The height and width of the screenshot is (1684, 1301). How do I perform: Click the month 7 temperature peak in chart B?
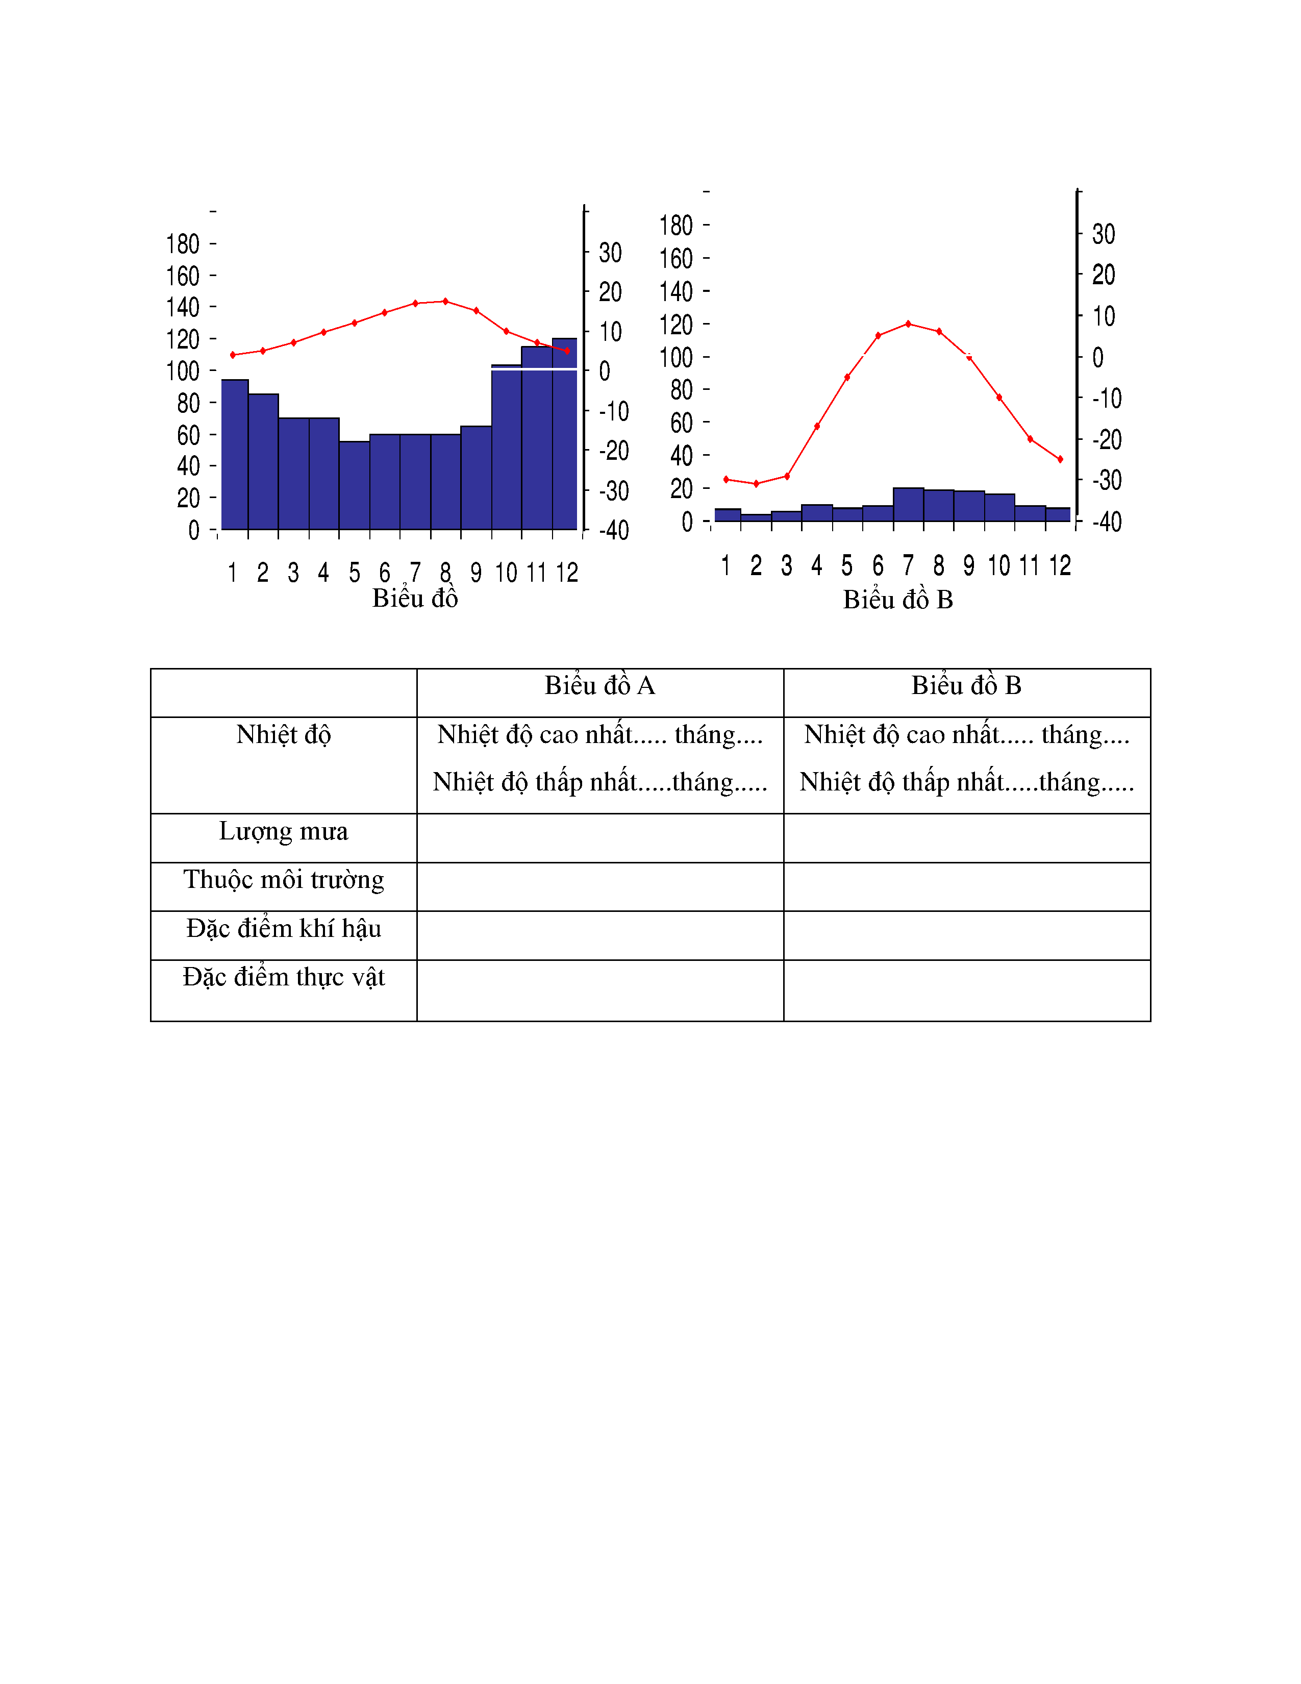point(908,324)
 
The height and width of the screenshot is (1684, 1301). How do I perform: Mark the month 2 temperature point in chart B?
point(756,483)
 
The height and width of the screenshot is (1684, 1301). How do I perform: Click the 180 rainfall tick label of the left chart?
point(183,244)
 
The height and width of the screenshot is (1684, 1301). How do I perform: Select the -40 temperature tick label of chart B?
point(1107,522)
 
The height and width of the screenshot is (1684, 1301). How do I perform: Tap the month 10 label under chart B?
point(999,566)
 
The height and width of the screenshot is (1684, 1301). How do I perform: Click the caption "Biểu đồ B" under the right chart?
point(898,600)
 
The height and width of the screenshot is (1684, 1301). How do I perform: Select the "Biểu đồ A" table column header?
point(599,685)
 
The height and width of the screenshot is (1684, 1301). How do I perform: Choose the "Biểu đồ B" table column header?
point(966,685)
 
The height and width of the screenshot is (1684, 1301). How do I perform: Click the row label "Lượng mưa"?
point(284,831)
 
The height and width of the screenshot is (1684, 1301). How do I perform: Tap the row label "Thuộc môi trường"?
point(284,880)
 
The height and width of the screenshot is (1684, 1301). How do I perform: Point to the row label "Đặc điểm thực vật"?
point(284,977)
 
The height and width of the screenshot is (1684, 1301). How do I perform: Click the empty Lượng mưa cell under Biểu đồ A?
point(599,838)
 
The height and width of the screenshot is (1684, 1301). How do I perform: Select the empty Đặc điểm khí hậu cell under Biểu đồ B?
point(966,935)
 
